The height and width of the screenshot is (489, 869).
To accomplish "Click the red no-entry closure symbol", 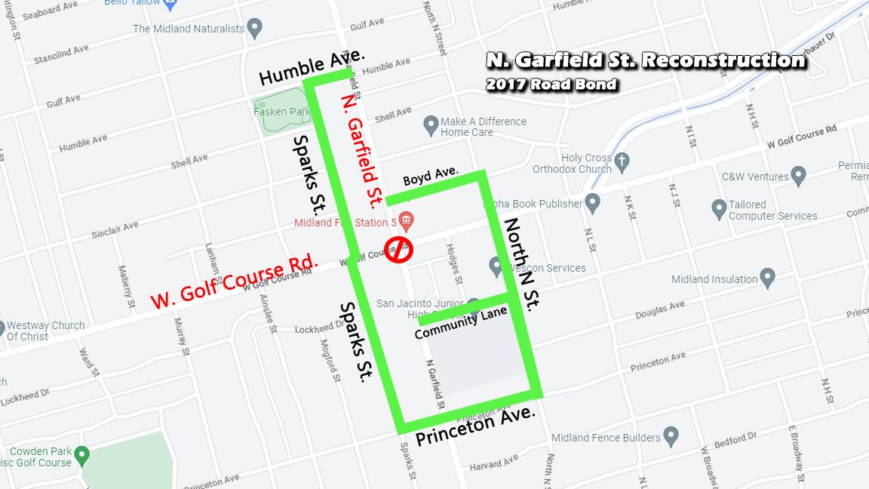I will click(x=398, y=249).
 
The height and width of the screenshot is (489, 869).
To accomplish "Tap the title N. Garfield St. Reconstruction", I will click(x=646, y=60).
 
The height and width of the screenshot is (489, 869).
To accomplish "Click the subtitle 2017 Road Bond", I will click(x=551, y=85).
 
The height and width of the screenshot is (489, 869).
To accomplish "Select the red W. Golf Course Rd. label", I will click(x=234, y=282).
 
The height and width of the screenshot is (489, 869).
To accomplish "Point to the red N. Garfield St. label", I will click(x=362, y=151).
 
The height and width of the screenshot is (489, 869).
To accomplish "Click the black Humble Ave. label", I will click(x=311, y=67).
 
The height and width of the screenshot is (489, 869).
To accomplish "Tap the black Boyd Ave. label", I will click(x=431, y=176).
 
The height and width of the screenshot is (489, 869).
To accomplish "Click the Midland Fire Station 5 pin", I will click(x=407, y=221).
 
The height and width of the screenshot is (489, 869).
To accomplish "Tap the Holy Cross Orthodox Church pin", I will click(x=622, y=161).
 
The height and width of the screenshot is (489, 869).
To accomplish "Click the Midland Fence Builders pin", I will click(x=671, y=435).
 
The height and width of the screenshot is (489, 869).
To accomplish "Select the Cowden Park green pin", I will click(x=82, y=455).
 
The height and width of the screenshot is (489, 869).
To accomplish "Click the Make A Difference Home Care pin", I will click(x=431, y=125).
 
